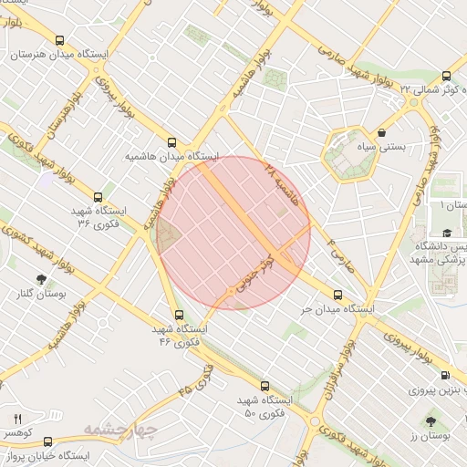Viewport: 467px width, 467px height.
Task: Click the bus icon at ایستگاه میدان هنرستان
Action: pyautogui.click(x=60, y=40)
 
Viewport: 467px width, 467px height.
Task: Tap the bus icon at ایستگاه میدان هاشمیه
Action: pyautogui.click(x=171, y=142)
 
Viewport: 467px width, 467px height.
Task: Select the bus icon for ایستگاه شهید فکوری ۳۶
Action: pyautogui.click(x=98, y=197)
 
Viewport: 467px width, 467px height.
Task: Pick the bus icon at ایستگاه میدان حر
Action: pyautogui.click(x=338, y=295)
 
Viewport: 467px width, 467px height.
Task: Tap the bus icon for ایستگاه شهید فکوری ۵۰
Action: pyautogui.click(x=265, y=386)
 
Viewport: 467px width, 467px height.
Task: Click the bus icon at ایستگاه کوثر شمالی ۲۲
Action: pyautogui.click(x=446, y=77)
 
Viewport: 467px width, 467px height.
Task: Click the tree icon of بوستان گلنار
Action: pyautogui.click(x=41, y=279)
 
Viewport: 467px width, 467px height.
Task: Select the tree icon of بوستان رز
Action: pyautogui.click(x=431, y=422)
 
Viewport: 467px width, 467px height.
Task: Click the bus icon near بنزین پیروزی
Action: pyautogui.click(x=445, y=375)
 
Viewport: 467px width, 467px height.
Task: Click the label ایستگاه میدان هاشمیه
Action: pyautogui.click(x=172, y=157)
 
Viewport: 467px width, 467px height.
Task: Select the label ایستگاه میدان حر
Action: pyautogui.click(x=338, y=309)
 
